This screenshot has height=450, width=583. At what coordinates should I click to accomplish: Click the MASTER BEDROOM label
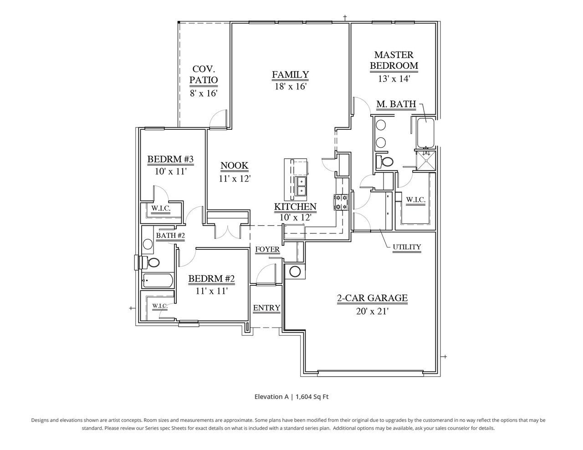394,60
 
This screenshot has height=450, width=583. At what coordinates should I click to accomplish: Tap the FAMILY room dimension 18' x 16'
290,86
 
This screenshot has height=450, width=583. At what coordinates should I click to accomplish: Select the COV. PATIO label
204,75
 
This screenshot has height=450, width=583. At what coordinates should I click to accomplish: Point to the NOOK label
235,166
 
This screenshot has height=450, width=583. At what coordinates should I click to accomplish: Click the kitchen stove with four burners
341,202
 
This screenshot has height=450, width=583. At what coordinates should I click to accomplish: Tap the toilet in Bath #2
152,263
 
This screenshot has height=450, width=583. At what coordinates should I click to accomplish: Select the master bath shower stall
426,161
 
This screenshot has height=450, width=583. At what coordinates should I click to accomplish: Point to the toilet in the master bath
386,162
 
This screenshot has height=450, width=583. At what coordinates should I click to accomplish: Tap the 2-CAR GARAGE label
372,298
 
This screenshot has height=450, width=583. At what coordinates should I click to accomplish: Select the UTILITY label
407,247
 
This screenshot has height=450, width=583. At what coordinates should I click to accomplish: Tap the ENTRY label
266,308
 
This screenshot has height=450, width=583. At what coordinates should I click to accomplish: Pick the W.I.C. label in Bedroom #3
161,208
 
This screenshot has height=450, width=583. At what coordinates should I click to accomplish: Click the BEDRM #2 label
211,278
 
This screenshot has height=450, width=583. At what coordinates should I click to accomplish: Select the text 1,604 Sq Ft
312,397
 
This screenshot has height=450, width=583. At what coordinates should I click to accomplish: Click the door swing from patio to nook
219,119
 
